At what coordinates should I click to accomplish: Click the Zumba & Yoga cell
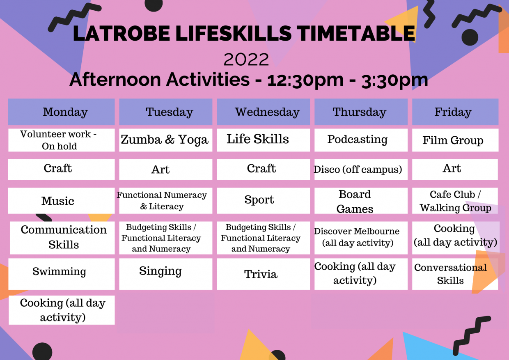(x=165, y=140)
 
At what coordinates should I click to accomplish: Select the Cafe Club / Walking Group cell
(x=455, y=201)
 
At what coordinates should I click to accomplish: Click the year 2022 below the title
(x=246, y=60)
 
